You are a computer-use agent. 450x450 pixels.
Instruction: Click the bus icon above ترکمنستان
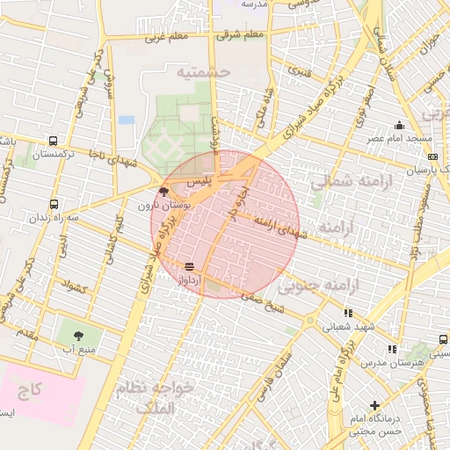pos(54,141)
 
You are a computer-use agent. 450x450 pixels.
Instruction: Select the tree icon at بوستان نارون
pos(163,192)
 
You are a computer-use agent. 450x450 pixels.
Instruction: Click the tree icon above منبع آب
pos(78,336)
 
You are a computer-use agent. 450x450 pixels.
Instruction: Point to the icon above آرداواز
pos(190,265)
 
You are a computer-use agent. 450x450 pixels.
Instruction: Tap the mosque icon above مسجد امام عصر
pos(399,125)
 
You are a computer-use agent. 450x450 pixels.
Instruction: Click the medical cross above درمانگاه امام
pos(375,405)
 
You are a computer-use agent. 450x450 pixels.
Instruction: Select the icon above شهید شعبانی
pos(349,312)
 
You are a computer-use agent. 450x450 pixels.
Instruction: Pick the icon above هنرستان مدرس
pos(391,349)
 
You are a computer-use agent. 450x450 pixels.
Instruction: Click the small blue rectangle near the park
pos(127,120)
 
